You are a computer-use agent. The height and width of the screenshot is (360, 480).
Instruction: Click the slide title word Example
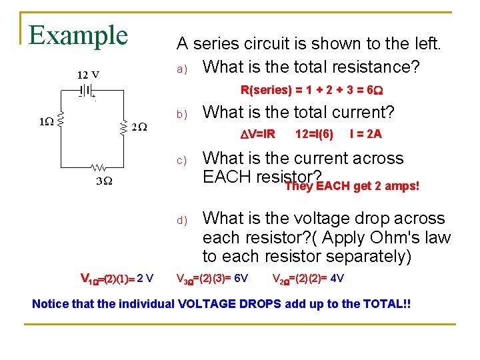[78, 35]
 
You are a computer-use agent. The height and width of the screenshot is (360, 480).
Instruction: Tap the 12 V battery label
[89, 74]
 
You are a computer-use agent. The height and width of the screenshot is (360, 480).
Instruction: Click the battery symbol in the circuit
[86, 90]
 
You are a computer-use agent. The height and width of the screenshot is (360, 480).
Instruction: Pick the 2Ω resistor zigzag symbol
[123, 127]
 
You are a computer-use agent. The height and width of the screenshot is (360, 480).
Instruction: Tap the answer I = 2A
[365, 134]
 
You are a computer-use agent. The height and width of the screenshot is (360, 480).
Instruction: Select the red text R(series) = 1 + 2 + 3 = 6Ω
[311, 89]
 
